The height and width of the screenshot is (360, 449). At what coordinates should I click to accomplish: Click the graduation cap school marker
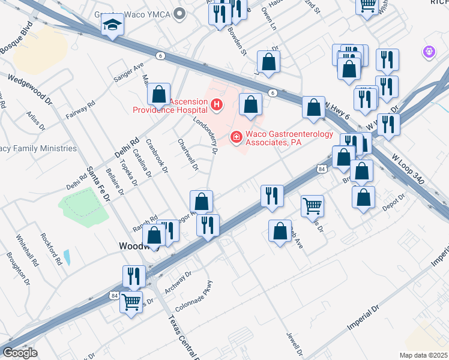pos(112,25)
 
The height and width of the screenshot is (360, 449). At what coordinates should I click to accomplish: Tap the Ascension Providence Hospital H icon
pos(217,106)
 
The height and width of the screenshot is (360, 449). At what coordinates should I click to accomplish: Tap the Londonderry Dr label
pos(205,136)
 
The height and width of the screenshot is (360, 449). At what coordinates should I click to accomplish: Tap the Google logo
pos(19,352)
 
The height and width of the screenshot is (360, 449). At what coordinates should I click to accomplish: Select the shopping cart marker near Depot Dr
pos(313,206)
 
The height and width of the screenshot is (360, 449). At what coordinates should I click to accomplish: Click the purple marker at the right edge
pos(429,53)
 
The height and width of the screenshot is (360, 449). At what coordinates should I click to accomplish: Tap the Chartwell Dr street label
pos(188,154)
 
